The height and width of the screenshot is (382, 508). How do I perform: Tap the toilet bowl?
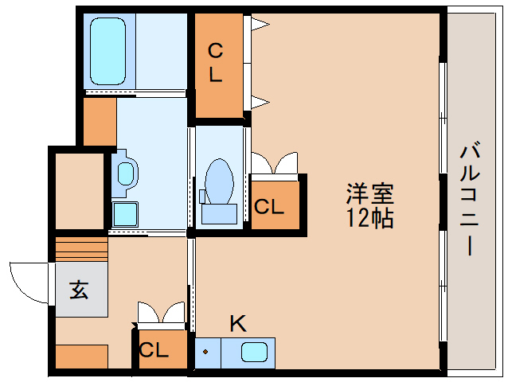(219, 178)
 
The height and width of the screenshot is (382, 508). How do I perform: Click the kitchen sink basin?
(256, 351)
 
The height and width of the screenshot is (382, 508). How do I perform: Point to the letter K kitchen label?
(237, 324)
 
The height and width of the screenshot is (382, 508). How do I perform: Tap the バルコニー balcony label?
(471, 199)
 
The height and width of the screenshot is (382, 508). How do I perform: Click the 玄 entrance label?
(79, 290)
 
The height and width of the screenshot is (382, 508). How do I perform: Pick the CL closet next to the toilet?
(269, 207)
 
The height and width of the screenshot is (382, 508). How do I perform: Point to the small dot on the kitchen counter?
(206, 351)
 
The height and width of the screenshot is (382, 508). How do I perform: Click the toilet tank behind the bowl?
(219, 212)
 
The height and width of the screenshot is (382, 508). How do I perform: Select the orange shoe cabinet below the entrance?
(81, 356)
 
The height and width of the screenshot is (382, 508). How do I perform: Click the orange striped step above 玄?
(81, 249)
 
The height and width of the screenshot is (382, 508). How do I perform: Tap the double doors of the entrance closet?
(161, 314)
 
